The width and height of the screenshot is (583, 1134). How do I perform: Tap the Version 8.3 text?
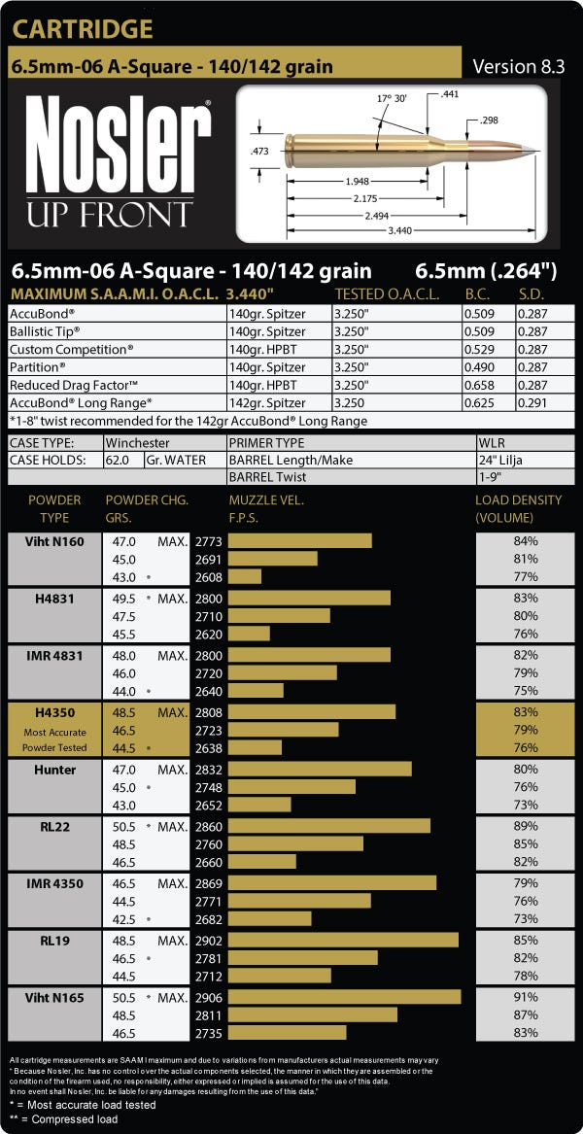(519, 66)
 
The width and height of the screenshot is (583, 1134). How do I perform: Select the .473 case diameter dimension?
(259, 152)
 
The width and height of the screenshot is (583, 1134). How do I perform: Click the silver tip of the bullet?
(530, 150)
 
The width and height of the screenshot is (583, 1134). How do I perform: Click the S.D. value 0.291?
(532, 403)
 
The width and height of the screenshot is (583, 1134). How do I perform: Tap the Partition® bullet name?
(35, 366)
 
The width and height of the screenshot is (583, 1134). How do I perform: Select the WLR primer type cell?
(489, 442)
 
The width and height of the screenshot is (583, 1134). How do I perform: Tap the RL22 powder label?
(55, 827)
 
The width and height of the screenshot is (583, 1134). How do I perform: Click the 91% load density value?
(526, 998)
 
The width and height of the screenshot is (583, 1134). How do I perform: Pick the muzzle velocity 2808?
(209, 712)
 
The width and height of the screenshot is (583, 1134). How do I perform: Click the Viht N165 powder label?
(55, 998)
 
